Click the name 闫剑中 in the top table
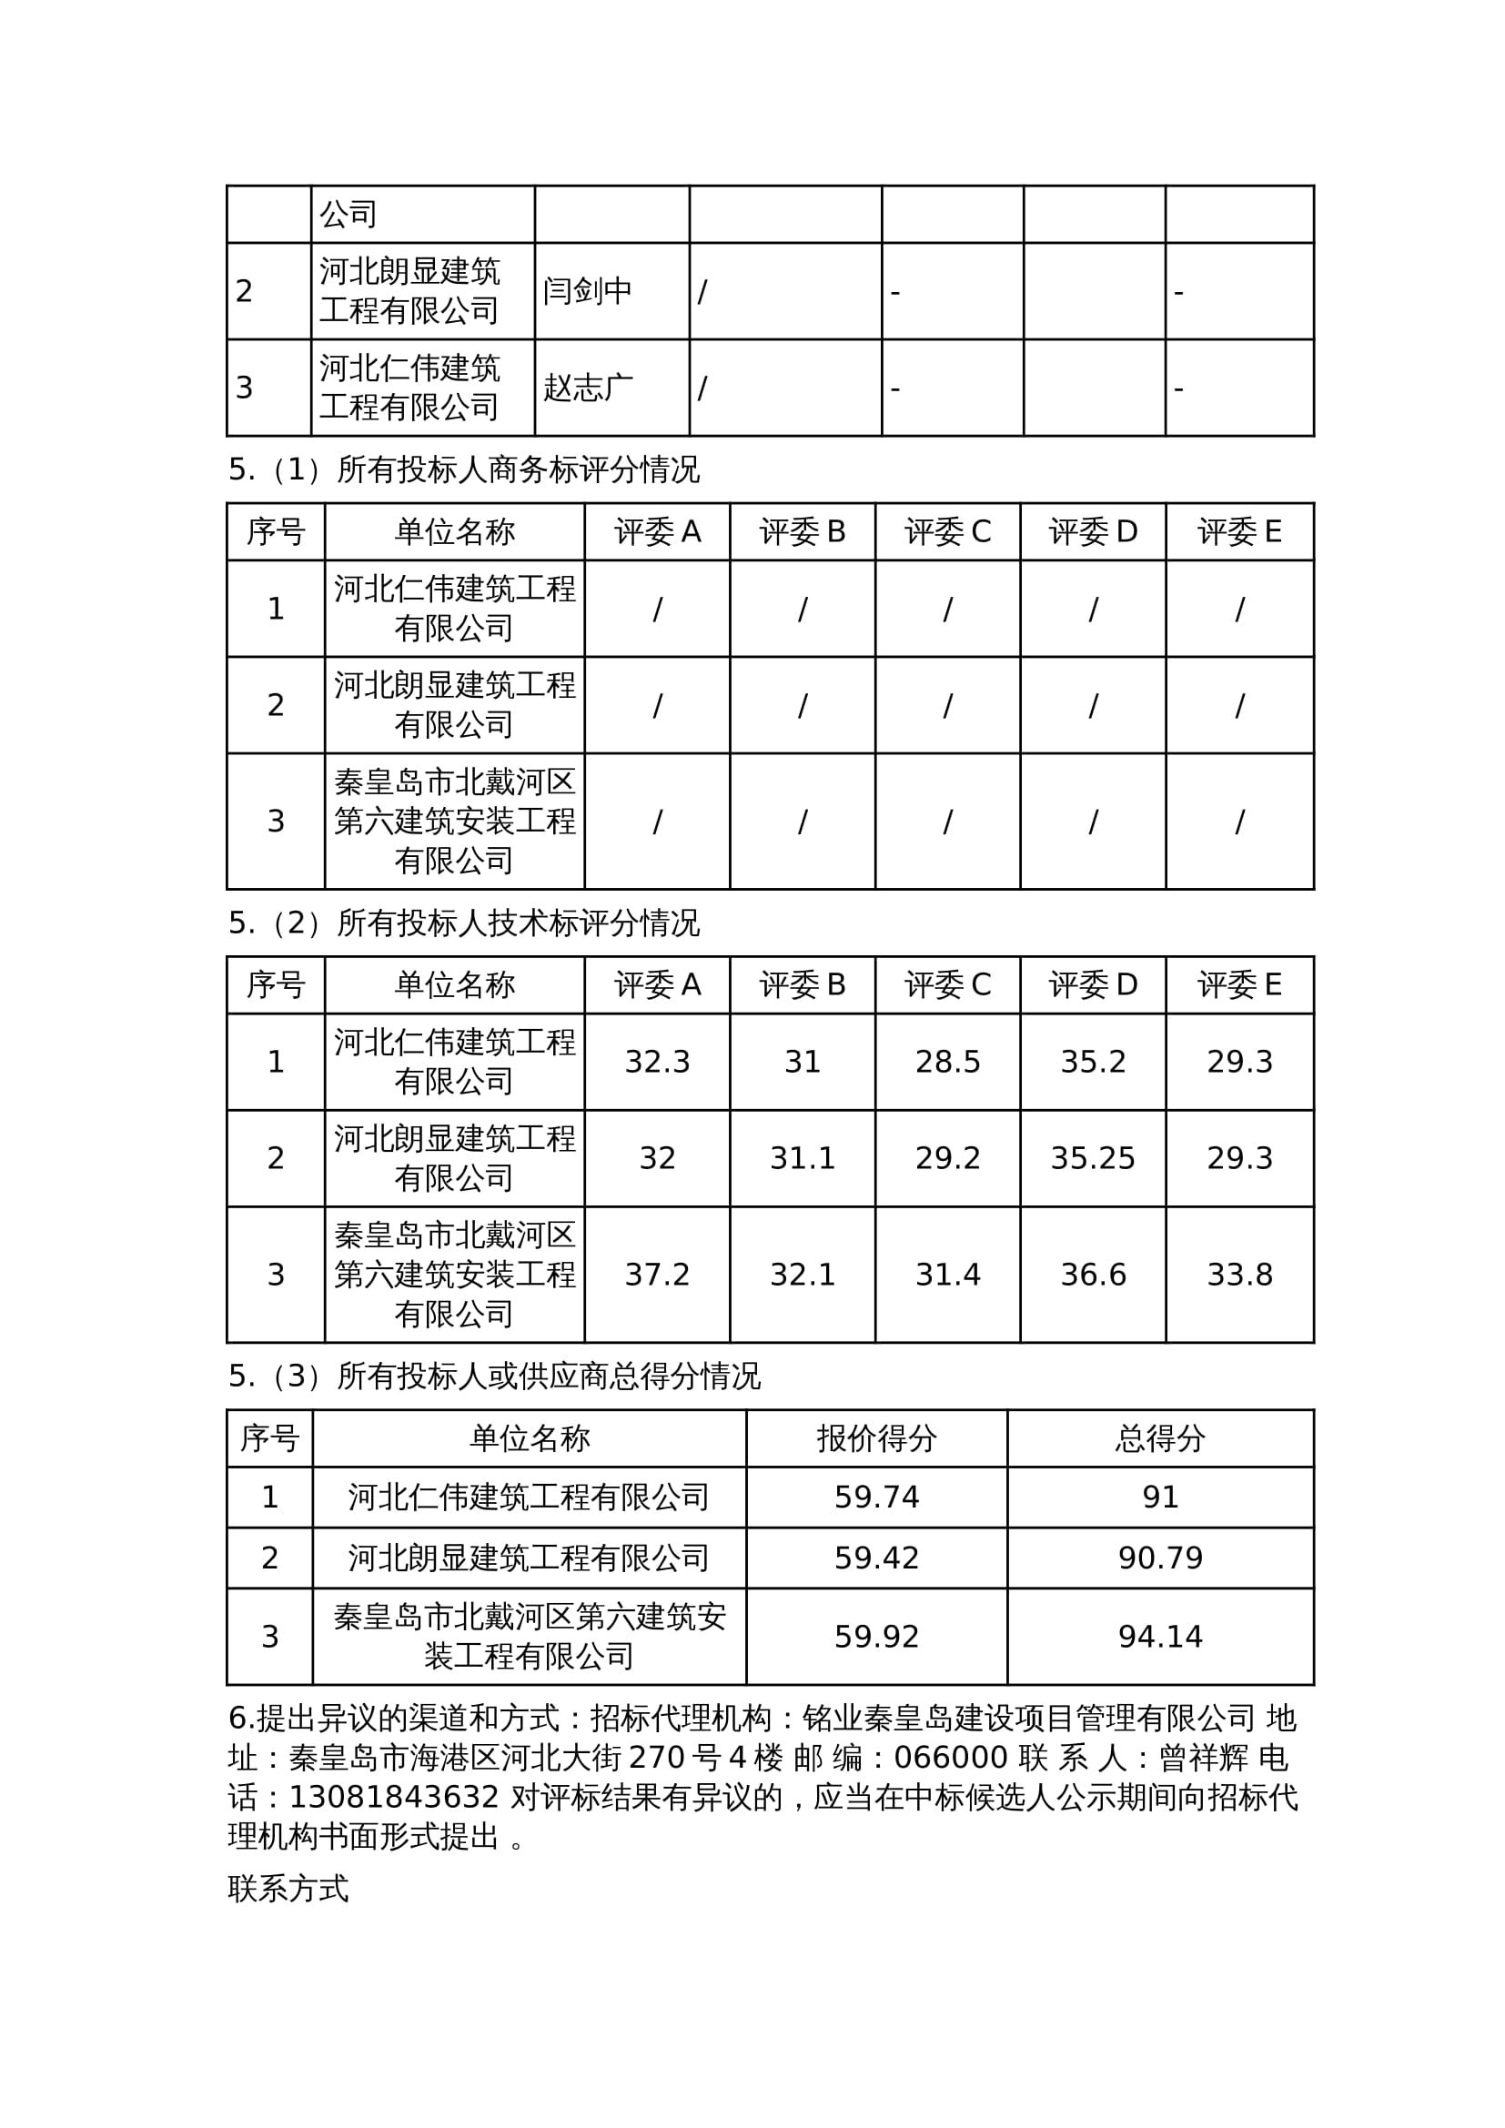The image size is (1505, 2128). (587, 291)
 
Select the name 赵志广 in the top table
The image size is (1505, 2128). (588, 388)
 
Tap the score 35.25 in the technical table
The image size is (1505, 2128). (1093, 1158)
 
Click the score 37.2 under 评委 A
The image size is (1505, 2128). (657, 1276)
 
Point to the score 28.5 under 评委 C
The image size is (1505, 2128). (947, 1062)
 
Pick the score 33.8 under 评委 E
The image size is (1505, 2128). (1239, 1276)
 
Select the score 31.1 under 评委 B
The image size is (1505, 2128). (803, 1158)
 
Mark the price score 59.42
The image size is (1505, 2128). (875, 1558)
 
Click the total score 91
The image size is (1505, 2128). (1159, 1497)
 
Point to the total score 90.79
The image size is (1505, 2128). (1159, 1558)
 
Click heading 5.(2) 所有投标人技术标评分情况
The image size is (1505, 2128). (463, 923)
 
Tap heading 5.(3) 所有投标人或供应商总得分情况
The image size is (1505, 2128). (494, 1377)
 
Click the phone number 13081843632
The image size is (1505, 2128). (394, 1798)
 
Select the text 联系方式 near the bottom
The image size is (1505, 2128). (288, 1889)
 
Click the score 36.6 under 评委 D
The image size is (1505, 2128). (1093, 1276)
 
